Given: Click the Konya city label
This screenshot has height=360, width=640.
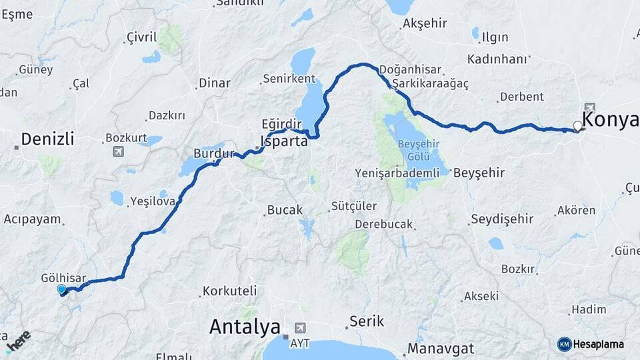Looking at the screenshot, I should tap(610, 119).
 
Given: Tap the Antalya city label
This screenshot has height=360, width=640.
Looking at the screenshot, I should tap(245, 327).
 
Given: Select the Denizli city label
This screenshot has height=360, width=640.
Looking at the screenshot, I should tap(47, 139).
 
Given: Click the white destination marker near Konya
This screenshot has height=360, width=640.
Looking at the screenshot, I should tap(577, 125).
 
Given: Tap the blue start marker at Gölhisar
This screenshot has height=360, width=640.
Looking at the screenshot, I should tap(62, 289).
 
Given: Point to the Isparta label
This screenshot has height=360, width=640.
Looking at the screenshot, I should tap(284, 141).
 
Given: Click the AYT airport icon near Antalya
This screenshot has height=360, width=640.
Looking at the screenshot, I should tap(301, 328).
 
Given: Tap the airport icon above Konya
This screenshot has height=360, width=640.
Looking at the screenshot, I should tap(589, 107).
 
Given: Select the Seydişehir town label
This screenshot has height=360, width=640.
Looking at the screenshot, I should tap(502, 219).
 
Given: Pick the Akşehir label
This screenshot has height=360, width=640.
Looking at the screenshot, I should tap(424, 24).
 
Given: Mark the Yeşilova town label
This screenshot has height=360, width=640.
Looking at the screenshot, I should tap(153, 200).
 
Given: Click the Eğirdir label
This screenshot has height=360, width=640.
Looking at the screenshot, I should tap(282, 124).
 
